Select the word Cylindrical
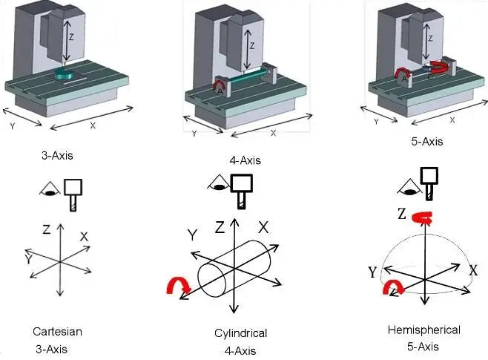(x=235, y=333)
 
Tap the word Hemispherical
(x=423, y=330)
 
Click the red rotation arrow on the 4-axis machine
(x=219, y=88)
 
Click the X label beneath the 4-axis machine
(x=273, y=133)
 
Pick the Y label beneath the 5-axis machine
(x=375, y=121)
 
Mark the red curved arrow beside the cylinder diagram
(x=181, y=286)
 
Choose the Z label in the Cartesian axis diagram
(x=46, y=230)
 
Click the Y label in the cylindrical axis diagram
(x=191, y=235)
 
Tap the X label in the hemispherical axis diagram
(x=472, y=271)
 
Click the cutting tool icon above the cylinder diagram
(x=240, y=189)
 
